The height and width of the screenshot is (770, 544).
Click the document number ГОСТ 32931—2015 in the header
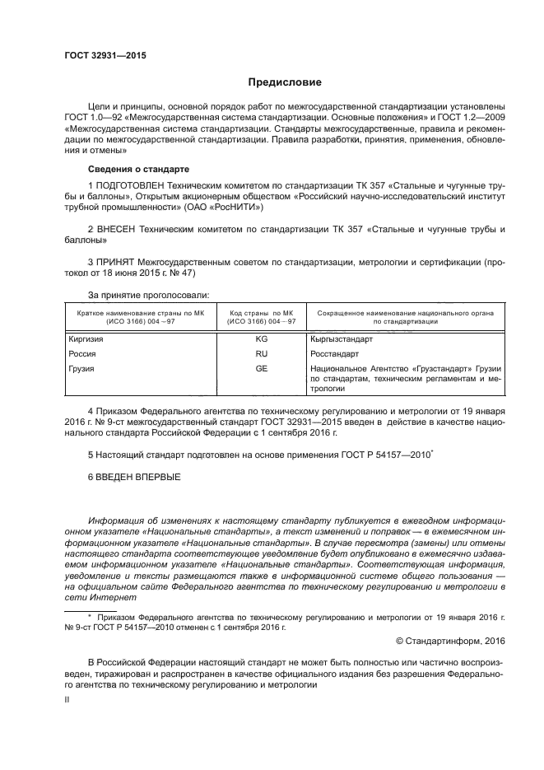(x=105, y=56)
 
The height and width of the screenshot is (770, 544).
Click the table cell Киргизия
(x=83, y=338)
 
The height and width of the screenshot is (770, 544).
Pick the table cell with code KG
(x=262, y=338)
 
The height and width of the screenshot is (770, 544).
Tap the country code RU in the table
(x=262, y=352)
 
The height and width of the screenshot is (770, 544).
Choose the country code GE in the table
(x=262, y=368)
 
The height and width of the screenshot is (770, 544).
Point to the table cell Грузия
(x=79, y=368)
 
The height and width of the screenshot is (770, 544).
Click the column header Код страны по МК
(x=262, y=314)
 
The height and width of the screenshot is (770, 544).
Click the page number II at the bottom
(x=68, y=699)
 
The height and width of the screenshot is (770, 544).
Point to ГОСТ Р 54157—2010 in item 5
(x=390, y=455)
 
